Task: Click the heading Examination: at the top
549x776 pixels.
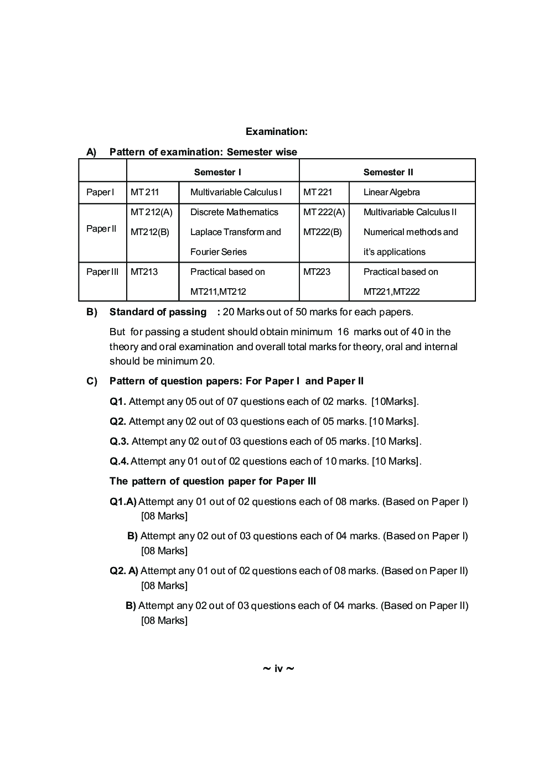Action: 276,132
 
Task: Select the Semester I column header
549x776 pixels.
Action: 217,172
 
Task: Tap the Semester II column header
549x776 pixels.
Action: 388,172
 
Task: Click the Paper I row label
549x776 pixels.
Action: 100,192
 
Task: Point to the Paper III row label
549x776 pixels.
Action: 102,272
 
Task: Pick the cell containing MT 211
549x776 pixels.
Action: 144,192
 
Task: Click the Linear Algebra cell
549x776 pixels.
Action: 391,192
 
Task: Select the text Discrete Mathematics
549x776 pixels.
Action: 234,212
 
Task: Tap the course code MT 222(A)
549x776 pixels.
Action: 324,212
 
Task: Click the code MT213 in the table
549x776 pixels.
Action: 144,272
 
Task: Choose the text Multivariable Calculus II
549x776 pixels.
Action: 410,212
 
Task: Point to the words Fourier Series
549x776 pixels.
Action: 218,252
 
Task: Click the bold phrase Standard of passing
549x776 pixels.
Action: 158,312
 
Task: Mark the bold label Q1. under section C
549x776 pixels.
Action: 118,402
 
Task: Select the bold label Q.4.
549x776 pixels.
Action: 119,461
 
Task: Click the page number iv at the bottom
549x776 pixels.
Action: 278,669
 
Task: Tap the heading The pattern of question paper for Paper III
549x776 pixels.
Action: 213,481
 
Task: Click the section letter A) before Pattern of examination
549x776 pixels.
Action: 91,152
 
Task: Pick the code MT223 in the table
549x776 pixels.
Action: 317,272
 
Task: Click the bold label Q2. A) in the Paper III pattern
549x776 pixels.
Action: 124,571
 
